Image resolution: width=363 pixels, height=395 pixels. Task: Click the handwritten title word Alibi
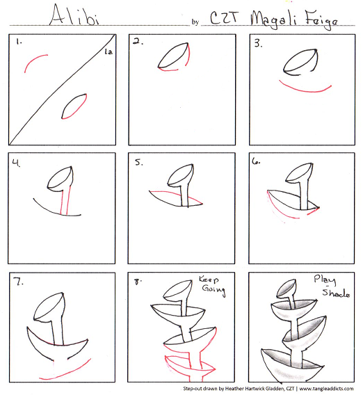(74, 15)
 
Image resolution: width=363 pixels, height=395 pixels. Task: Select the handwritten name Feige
(322, 20)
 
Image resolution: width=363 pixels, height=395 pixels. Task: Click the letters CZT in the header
(224, 18)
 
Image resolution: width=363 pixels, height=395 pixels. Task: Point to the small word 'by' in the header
(195, 22)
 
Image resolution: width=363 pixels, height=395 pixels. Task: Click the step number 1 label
(18, 42)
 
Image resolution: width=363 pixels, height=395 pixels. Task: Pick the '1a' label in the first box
(108, 52)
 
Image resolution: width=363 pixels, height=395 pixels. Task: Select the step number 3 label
(258, 43)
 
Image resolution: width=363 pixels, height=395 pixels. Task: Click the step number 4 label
(16, 163)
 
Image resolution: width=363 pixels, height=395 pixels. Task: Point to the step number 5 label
(139, 162)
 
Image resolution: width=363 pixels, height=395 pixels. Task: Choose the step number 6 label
(256, 161)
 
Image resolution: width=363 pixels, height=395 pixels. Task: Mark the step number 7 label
(18, 281)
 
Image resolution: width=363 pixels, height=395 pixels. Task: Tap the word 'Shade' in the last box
(336, 293)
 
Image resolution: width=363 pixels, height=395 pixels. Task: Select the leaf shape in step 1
(74, 106)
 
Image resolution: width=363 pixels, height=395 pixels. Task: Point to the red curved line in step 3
(305, 89)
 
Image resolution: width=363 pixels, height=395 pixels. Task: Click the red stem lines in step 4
(65, 200)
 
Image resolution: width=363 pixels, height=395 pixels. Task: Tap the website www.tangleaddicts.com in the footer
(326, 389)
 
